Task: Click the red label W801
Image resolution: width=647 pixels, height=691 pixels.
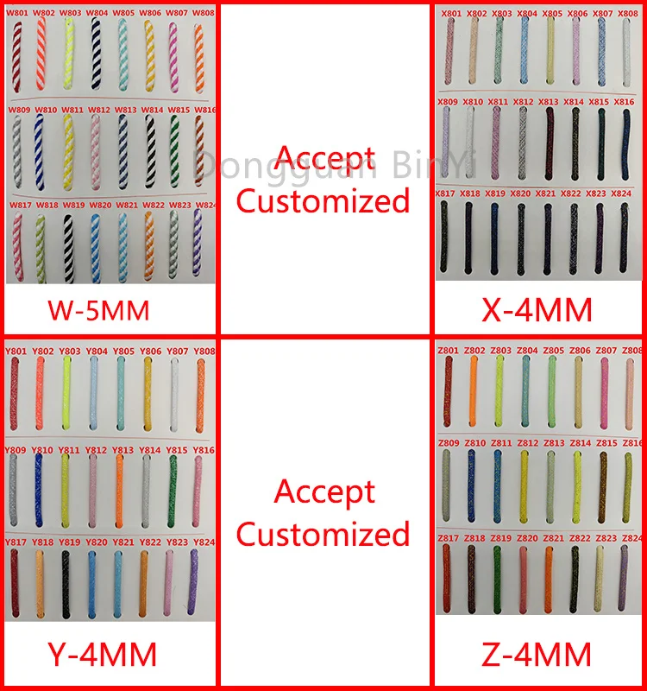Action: (x=18, y=14)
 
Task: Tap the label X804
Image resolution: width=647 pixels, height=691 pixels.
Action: (x=527, y=14)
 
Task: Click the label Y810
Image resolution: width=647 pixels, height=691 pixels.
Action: (x=43, y=451)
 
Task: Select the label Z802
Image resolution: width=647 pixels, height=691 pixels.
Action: (x=474, y=351)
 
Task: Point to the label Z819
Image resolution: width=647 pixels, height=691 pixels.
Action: (x=499, y=538)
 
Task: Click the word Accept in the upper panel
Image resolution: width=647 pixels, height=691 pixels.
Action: (x=325, y=158)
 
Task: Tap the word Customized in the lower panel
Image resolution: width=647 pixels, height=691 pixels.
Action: (x=323, y=534)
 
